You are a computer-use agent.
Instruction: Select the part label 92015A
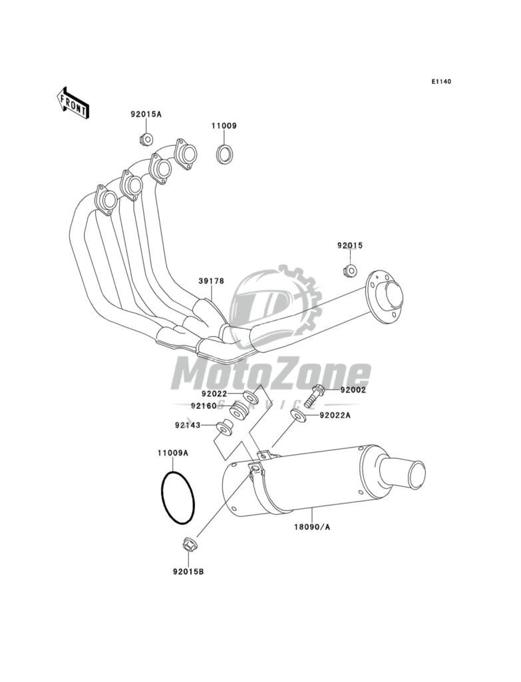146,114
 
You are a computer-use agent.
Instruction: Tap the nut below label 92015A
146,139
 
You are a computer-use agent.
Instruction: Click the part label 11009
224,125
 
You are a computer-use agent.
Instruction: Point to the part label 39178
210,281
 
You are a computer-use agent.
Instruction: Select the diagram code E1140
441,82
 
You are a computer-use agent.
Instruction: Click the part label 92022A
335,416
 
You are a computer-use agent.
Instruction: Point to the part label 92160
203,405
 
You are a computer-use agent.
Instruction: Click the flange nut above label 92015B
187,545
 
